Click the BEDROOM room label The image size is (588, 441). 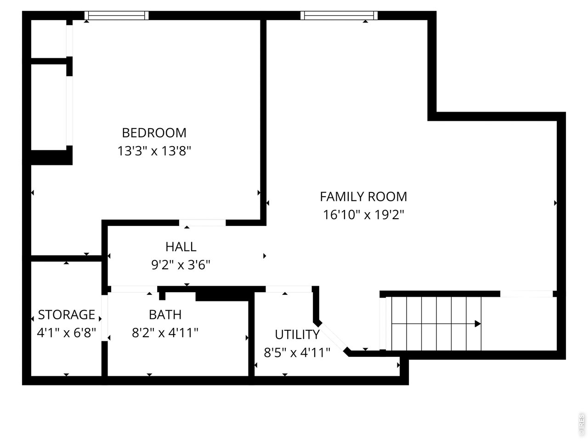[x=154, y=133]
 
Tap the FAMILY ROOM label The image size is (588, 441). [x=363, y=197]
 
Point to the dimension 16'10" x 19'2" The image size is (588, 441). [x=363, y=215]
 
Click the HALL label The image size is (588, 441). [x=181, y=247]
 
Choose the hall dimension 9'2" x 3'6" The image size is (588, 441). [x=181, y=265]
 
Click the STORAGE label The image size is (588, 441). [x=66, y=315]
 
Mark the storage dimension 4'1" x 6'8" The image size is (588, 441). [x=66, y=332]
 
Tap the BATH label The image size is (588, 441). [x=165, y=315]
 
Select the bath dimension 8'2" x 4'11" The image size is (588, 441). [x=165, y=332]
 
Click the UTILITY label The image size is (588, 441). [x=297, y=334]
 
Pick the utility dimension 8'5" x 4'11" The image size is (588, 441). [x=297, y=352]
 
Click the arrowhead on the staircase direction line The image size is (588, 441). [x=478, y=324]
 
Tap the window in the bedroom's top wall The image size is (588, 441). [x=117, y=16]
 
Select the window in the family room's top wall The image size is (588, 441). [x=339, y=16]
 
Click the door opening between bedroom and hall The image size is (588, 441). [x=202, y=223]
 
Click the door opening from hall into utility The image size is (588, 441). [x=288, y=289]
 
